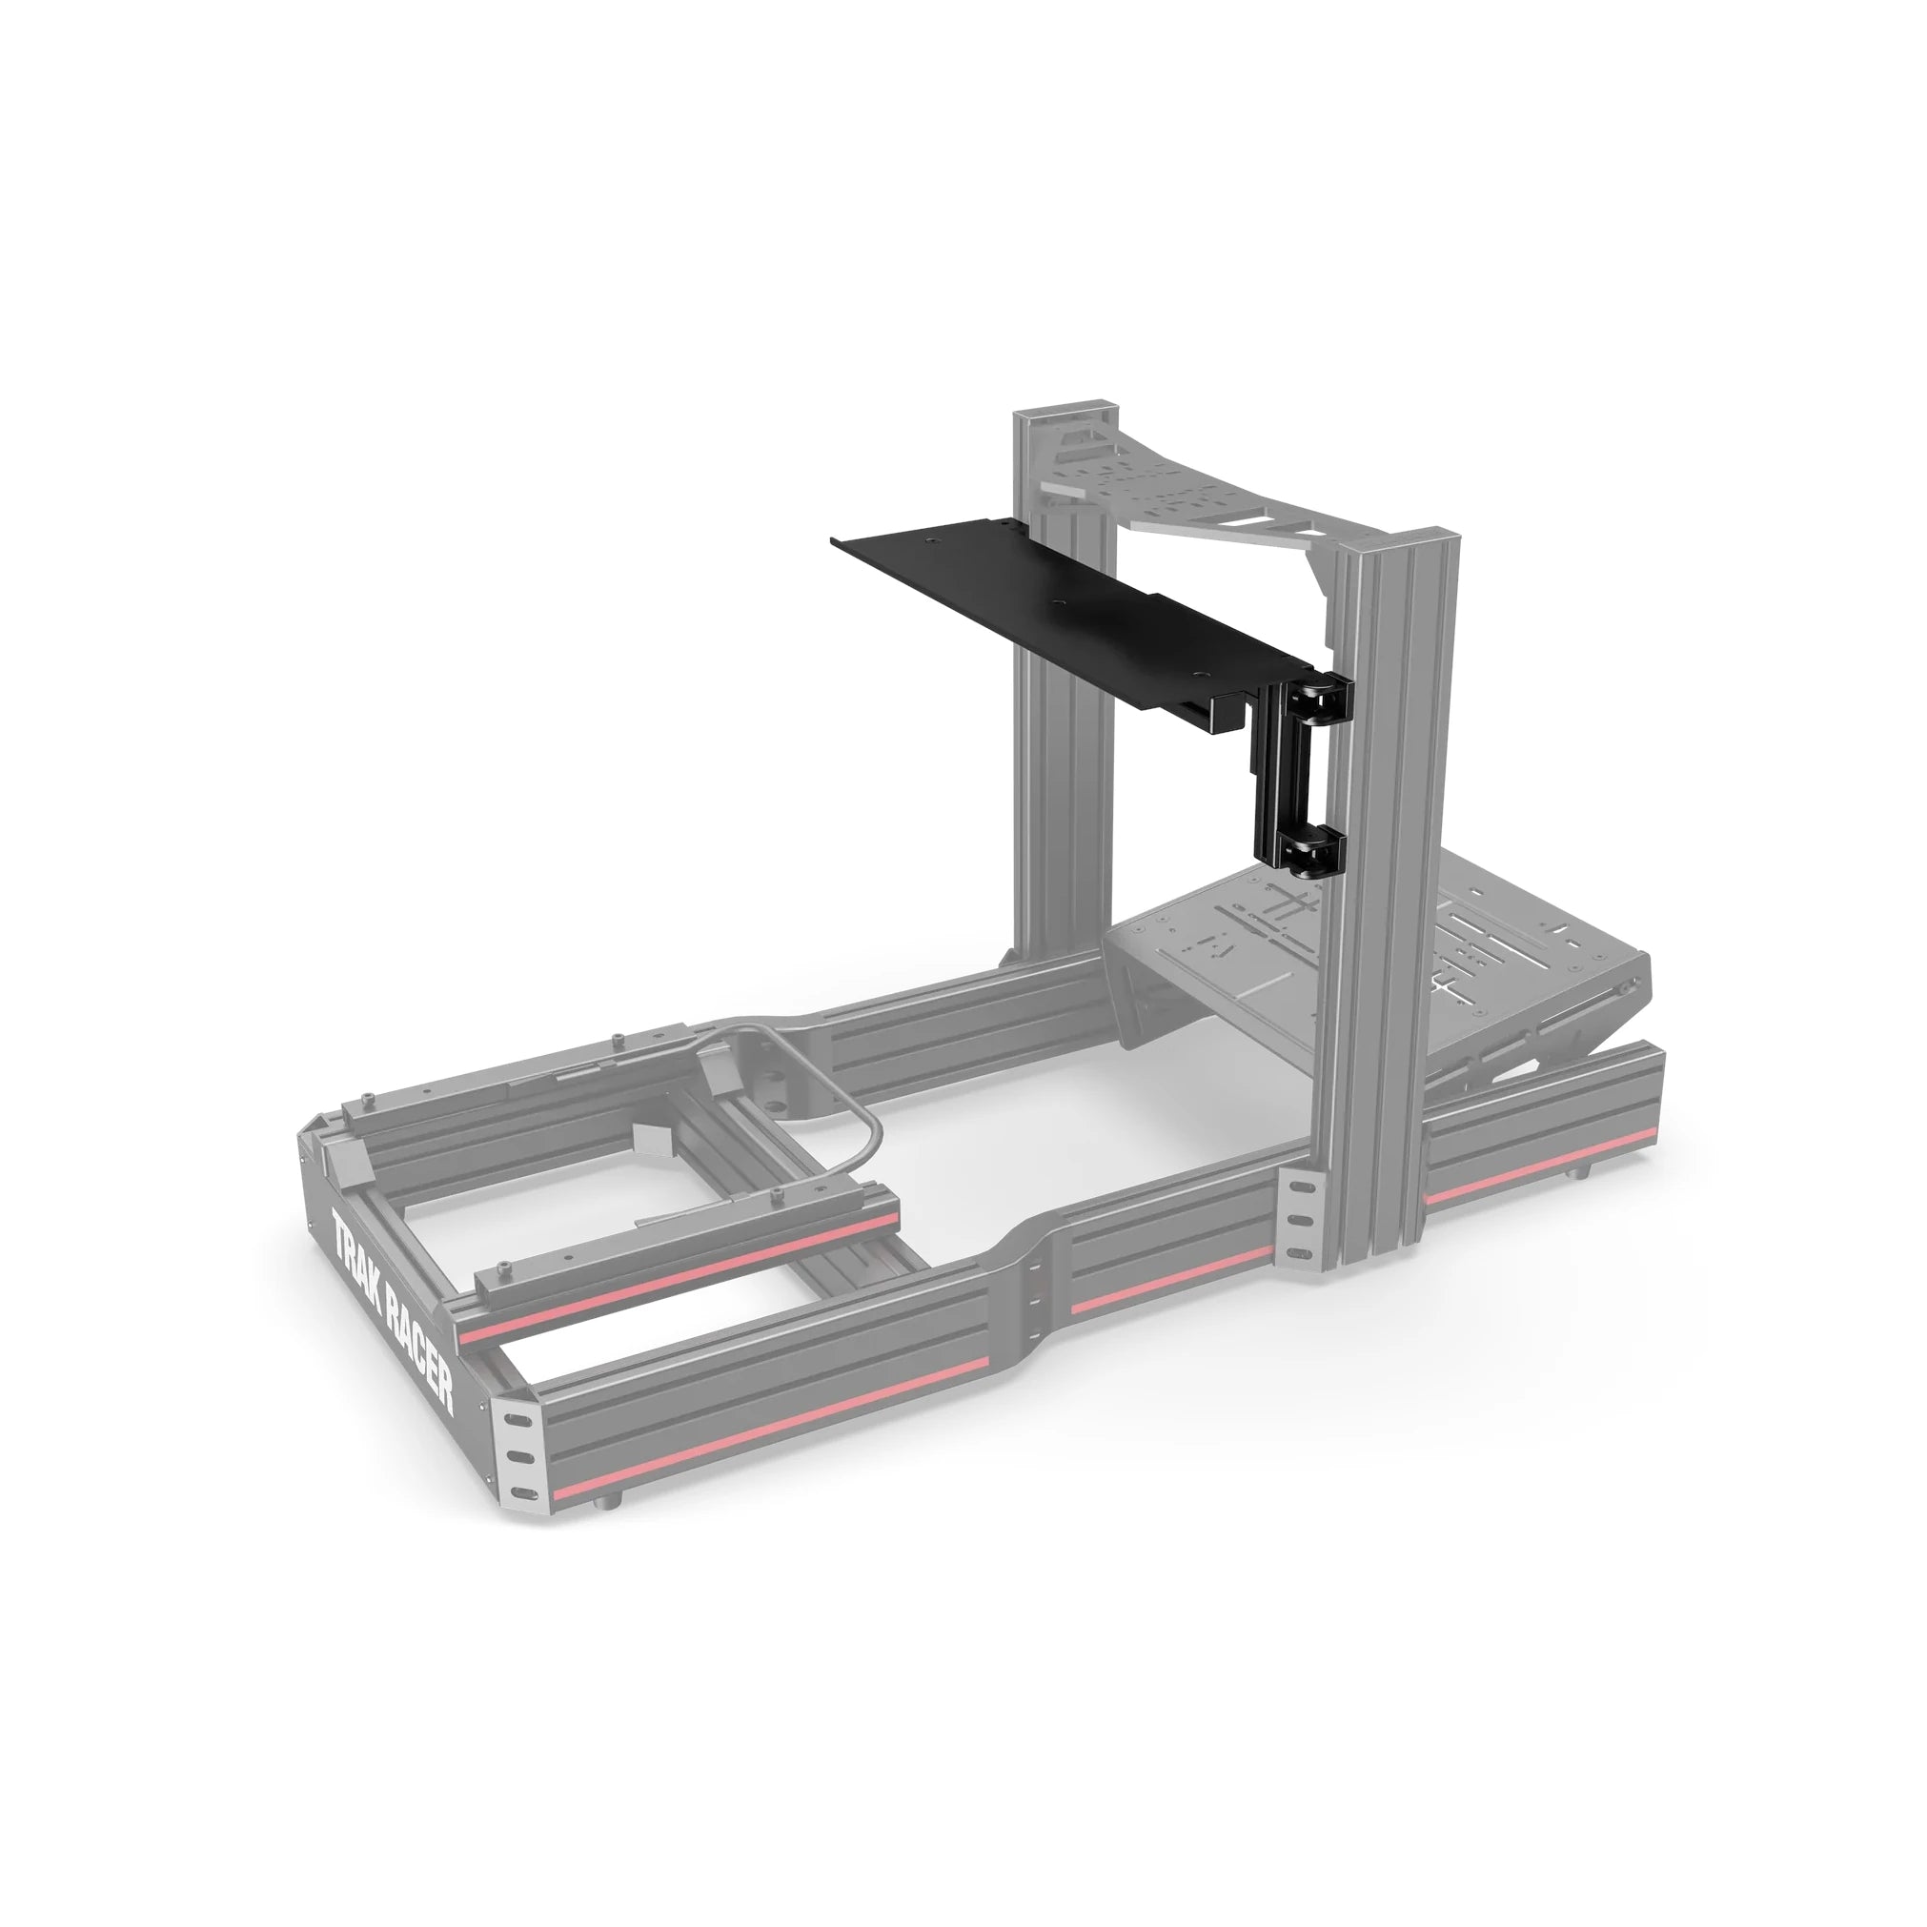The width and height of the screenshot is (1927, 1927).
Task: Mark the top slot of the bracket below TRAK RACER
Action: [516, 1417]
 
